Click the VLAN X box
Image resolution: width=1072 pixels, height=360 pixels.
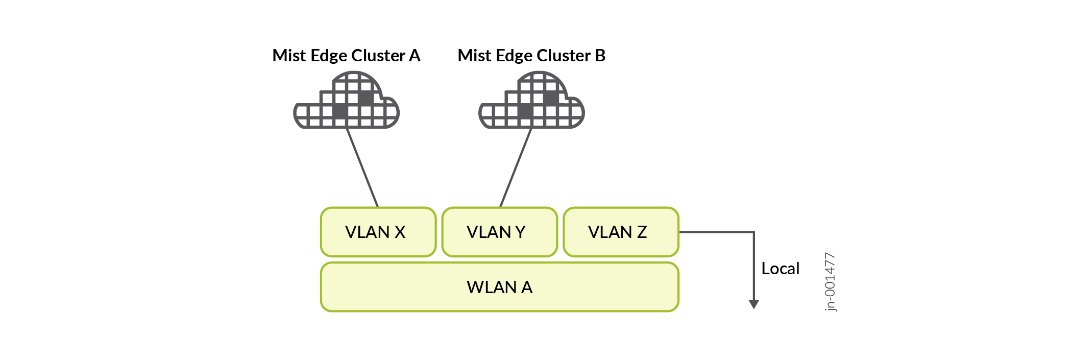pyautogui.click(x=378, y=232)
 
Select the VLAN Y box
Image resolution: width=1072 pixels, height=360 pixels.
pyautogui.click(x=499, y=232)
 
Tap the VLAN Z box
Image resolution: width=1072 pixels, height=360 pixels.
pyautogui.click(x=621, y=232)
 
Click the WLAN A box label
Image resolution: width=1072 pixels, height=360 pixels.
pyautogui.click(x=499, y=287)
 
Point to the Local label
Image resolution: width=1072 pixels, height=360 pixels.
pyautogui.click(x=780, y=269)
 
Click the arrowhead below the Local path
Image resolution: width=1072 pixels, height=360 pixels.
pyautogui.click(x=753, y=304)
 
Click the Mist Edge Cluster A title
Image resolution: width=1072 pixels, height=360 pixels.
pyautogui.click(x=346, y=55)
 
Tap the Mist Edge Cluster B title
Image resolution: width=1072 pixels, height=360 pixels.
pyautogui.click(x=531, y=55)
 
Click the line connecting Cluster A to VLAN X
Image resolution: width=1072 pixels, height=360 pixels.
pyautogui.click(x=362, y=167)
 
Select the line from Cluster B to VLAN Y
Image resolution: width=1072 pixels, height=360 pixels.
pyautogui.click(x=516, y=167)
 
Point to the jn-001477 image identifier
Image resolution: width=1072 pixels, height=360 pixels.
pyautogui.click(x=830, y=281)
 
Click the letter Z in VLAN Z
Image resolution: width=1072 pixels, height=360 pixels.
pyautogui.click(x=642, y=232)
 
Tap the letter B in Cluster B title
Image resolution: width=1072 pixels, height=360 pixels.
pyautogui.click(x=600, y=55)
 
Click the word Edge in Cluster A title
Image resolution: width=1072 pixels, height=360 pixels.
pyautogui.click(x=329, y=55)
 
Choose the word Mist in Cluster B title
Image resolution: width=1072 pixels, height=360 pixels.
pyautogui.click(x=474, y=55)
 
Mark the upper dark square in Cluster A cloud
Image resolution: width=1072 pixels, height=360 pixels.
pyautogui.click(x=366, y=97)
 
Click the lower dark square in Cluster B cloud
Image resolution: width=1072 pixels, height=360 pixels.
pyautogui.click(x=525, y=110)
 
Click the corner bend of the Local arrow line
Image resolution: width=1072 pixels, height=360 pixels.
pyautogui.click(x=753, y=232)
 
